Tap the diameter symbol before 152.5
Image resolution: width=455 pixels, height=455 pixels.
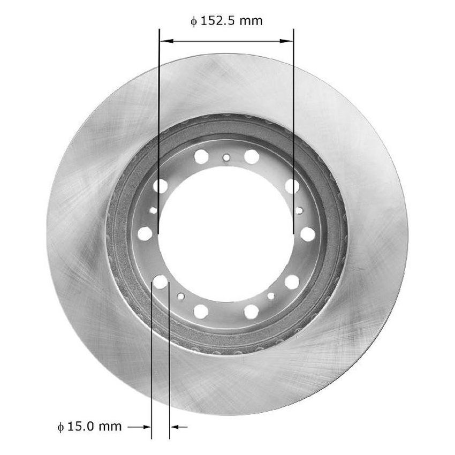coord(194,22)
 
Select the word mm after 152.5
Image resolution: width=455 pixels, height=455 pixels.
coord(251,21)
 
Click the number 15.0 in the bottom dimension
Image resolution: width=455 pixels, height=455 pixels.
coord(84,427)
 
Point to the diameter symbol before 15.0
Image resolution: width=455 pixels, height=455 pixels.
coord(62,427)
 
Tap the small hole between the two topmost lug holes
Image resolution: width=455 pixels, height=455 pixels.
coord(226,157)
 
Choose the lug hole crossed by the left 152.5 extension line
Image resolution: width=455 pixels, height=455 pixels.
coord(160,186)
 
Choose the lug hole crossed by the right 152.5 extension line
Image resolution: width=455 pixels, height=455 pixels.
coord(292,186)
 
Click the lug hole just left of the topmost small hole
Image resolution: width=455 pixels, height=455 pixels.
coord(201,156)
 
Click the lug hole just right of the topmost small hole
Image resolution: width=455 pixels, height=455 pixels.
coord(251,156)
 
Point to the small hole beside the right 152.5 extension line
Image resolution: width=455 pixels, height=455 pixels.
coord(299,210)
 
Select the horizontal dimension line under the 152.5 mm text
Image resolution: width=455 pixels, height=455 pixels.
coord(226,40)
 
